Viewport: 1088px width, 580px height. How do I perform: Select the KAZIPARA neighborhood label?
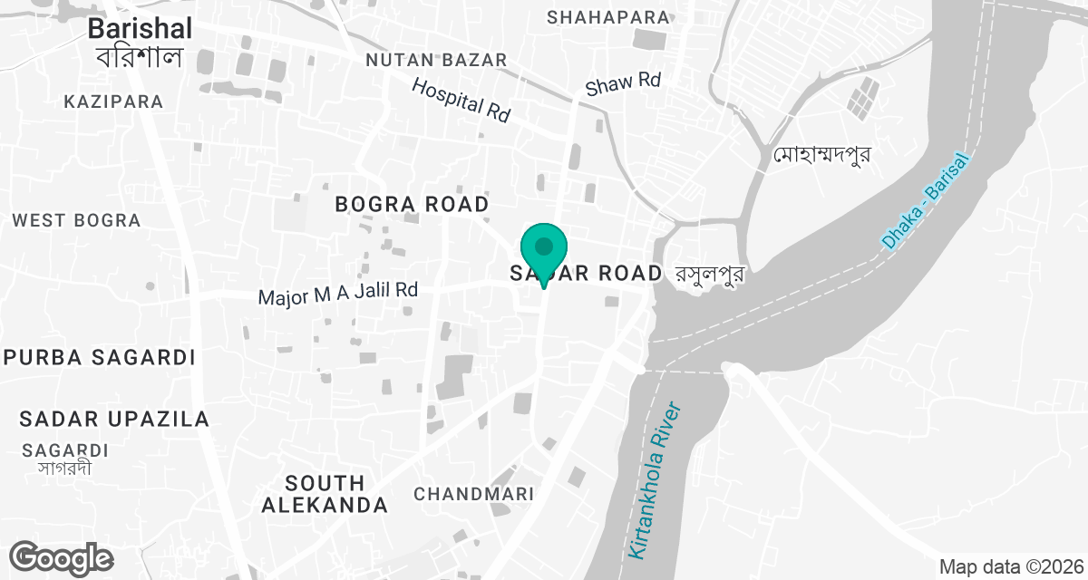click(x=113, y=101)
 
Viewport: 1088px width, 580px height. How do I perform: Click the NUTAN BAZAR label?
click(x=435, y=60)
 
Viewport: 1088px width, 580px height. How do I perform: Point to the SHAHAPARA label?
click(x=608, y=16)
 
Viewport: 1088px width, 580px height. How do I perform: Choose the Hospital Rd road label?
click(x=461, y=100)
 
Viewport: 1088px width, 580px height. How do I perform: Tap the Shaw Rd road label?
click(x=623, y=83)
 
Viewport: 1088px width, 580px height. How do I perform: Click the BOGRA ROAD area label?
click(x=412, y=204)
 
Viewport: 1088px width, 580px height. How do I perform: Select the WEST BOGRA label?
click(x=76, y=220)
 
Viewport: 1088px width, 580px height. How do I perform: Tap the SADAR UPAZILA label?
click(x=114, y=419)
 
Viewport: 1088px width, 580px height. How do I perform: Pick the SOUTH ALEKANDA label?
click(x=325, y=494)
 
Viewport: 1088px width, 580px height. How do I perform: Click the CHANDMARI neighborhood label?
click(x=473, y=494)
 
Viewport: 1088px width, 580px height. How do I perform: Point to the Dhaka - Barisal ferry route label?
click(x=925, y=202)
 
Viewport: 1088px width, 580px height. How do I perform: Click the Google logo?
click(x=62, y=557)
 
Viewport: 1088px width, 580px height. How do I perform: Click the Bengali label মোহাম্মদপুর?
click(x=822, y=155)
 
